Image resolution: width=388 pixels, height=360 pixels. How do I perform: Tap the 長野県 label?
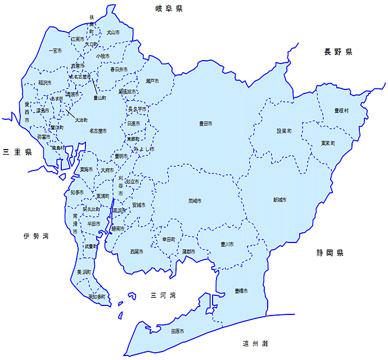[x=337, y=52]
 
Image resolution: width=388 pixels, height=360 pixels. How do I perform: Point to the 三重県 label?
[x=17, y=152]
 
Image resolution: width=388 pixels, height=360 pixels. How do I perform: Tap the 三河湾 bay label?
[x=164, y=295]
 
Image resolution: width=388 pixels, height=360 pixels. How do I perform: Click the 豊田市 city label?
[x=205, y=123]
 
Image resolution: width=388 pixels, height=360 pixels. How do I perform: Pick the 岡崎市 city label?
[x=195, y=200]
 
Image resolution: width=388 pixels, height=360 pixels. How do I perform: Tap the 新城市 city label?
[x=279, y=200]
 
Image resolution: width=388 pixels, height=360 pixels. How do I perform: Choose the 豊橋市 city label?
[x=241, y=291]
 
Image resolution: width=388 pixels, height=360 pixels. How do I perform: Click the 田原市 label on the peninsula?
[x=177, y=331]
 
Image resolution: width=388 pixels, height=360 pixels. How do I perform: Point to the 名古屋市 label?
[x=98, y=131]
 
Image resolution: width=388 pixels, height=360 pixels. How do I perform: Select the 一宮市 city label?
[x=55, y=51]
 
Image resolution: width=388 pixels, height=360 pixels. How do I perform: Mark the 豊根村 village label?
[x=342, y=110]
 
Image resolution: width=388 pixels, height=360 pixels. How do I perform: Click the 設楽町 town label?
[x=284, y=131]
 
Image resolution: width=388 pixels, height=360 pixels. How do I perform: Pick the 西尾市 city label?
[x=136, y=251]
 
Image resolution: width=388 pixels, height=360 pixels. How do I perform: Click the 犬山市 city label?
[x=113, y=33]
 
